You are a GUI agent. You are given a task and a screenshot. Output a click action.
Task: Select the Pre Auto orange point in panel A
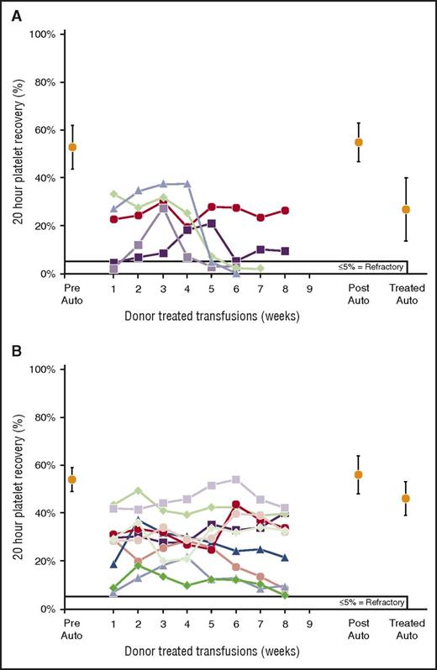tap(72, 147)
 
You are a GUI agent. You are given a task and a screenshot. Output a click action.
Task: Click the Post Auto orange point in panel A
tap(359, 142)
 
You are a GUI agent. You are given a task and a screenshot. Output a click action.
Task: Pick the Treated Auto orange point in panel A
tap(407, 209)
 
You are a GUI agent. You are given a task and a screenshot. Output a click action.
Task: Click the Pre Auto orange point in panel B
tap(72, 479)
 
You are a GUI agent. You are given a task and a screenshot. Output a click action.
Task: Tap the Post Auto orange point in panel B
tap(359, 474)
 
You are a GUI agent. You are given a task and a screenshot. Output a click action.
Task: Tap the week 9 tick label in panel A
tap(310, 289)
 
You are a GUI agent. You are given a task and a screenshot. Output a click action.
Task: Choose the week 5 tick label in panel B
tap(212, 624)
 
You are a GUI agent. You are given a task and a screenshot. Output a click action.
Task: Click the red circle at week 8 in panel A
tap(286, 211)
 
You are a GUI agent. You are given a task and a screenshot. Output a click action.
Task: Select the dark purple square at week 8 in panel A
tap(286, 251)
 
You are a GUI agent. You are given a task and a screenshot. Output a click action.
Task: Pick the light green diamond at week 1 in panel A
tap(114, 194)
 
